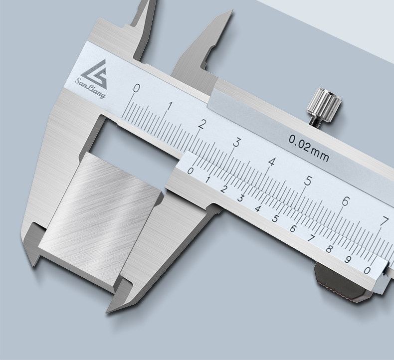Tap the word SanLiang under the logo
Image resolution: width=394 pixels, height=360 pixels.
click(x=90, y=88)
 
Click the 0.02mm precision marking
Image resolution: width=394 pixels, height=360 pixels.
click(x=309, y=149)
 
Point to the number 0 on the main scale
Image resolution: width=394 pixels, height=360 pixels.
click(x=137, y=88)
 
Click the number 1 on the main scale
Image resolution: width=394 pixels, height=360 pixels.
click(x=170, y=107)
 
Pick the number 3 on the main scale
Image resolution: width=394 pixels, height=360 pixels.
click(x=237, y=143)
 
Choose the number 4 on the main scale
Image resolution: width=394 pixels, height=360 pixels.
click(x=272, y=162)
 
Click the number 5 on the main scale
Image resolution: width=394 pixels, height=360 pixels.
click(x=308, y=181)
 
